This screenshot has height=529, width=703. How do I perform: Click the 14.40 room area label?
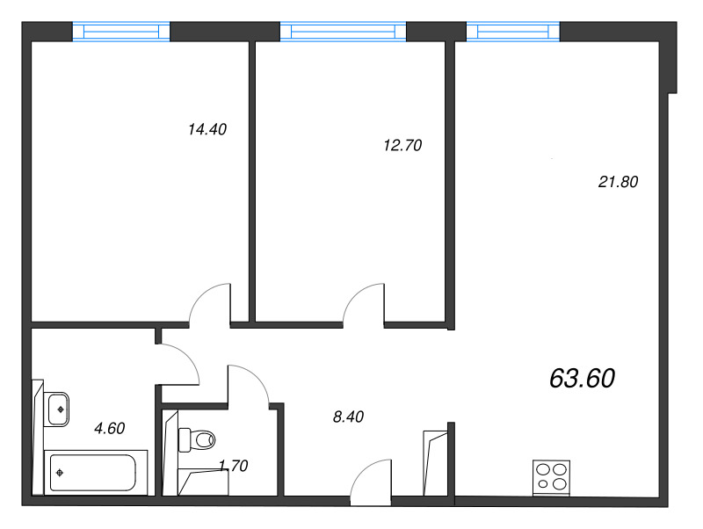tap(207, 129)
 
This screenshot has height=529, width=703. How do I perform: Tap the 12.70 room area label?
tap(402, 145)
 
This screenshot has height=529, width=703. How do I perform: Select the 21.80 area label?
tap(618, 182)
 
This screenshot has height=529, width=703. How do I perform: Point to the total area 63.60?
tap(582, 378)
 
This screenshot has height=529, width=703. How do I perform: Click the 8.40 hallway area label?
tap(348, 417)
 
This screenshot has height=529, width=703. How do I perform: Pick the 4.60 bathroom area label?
tap(109, 429)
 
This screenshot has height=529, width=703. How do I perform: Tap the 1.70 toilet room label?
tap(234, 466)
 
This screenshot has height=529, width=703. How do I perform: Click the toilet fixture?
tap(197, 439)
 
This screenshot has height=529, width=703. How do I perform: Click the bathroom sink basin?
tap(58, 409)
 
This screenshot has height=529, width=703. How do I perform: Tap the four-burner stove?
tap(552, 477)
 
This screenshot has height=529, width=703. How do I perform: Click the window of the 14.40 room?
tap(121, 32)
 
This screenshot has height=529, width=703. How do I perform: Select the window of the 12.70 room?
tap(343, 32)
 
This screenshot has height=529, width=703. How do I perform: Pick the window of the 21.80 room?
tap(513, 32)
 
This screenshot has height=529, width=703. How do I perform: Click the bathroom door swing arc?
tap(188, 354)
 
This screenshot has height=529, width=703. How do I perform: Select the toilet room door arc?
tap(257, 376)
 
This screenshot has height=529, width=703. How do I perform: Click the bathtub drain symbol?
tap(59, 473)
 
